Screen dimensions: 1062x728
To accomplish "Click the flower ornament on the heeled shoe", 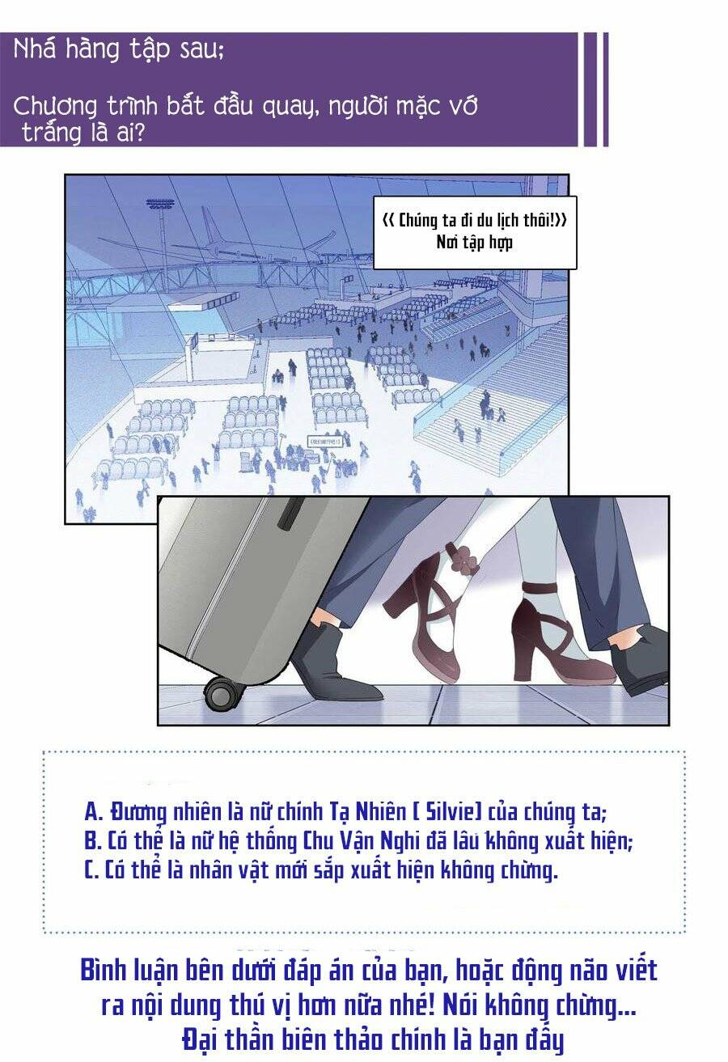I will [x=463, y=559].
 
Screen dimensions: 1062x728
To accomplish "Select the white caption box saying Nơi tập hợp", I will [x=475, y=231].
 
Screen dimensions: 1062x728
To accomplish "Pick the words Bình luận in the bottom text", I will [x=129, y=970].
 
